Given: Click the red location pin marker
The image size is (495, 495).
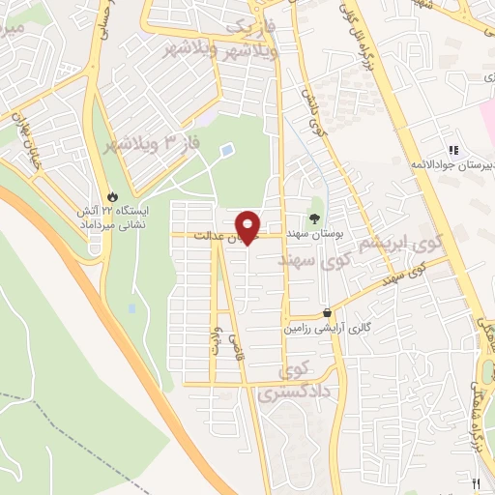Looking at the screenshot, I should (248, 226).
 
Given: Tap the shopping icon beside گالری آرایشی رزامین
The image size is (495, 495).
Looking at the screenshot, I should (329, 312).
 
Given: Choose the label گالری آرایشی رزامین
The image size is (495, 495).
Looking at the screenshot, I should (326, 329).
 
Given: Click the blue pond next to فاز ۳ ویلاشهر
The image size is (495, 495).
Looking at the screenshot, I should (226, 151).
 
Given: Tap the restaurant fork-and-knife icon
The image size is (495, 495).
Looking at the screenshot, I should (474, 482).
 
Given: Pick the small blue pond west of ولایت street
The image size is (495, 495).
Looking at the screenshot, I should (131, 309).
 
